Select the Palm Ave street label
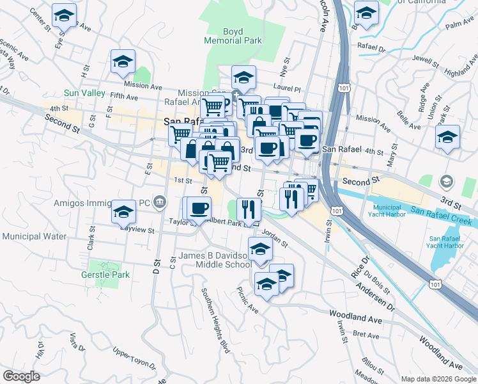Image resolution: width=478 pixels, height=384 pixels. tap(459, 26)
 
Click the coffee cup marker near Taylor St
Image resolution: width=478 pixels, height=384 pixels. tap(199, 209)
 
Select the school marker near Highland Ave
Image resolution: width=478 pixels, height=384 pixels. tap(447, 138)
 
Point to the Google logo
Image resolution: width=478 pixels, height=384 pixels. tap(22, 376)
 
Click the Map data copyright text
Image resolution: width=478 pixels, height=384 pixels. tap(438, 378)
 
